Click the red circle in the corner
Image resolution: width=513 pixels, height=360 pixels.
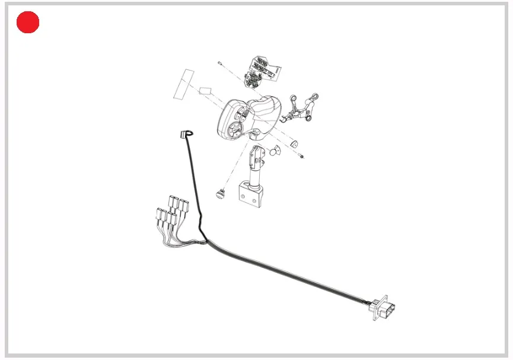coord(27,23)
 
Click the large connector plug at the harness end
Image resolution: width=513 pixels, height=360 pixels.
coord(385,308)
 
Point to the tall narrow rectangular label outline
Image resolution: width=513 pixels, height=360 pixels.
coord(183,84)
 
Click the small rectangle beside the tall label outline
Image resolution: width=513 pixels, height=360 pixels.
coord(206,90)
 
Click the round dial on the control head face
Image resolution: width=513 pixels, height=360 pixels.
coord(234,130)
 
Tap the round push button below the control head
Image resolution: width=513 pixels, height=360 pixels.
coord(222,193)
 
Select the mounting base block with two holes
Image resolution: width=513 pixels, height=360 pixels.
coord(251,195)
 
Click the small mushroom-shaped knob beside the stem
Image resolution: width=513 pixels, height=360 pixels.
coord(274,151)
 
